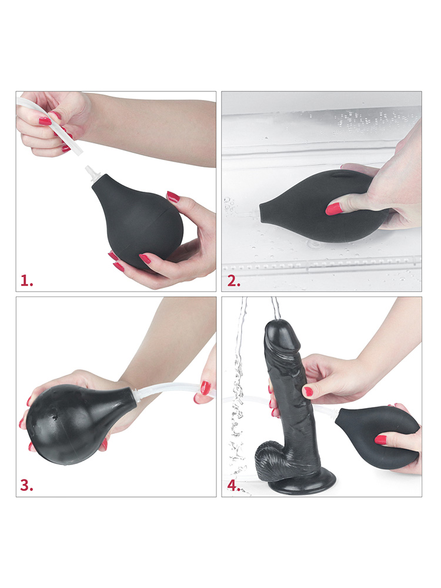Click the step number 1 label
(26, 280)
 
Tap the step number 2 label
(233, 281)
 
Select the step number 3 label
(26, 485)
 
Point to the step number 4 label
(233, 486)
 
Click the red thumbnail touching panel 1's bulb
(173, 197)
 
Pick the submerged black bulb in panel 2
(322, 205)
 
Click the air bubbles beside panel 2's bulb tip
(229, 206)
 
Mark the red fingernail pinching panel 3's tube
(205, 388)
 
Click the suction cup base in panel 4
(306, 482)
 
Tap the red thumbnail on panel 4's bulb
(380, 439)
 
